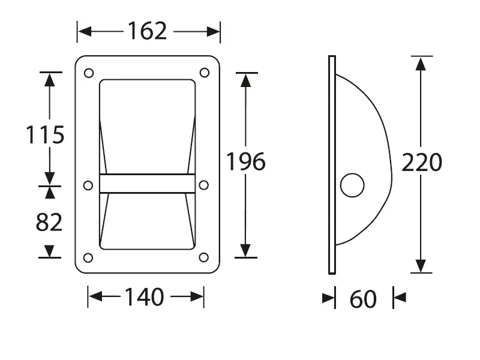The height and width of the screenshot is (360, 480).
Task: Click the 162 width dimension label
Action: pyautogui.click(x=147, y=31)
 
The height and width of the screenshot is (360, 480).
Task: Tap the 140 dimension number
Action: pyautogui.click(x=144, y=297)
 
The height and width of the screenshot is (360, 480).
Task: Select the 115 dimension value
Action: pyautogui.click(x=45, y=134)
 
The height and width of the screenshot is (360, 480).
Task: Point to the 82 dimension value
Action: pyautogui.click(x=49, y=222)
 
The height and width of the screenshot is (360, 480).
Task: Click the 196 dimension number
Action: pyautogui.click(x=246, y=161)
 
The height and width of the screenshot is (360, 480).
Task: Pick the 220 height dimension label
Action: pyautogui.click(x=422, y=162)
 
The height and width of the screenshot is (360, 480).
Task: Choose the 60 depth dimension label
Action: pyautogui.click(x=363, y=299)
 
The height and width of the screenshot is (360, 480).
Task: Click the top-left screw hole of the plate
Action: pyautogui.click(x=89, y=73)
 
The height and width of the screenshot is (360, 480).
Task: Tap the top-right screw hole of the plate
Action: pyautogui.click(x=205, y=73)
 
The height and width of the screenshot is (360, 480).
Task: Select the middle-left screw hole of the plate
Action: pyautogui.click(x=88, y=185)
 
